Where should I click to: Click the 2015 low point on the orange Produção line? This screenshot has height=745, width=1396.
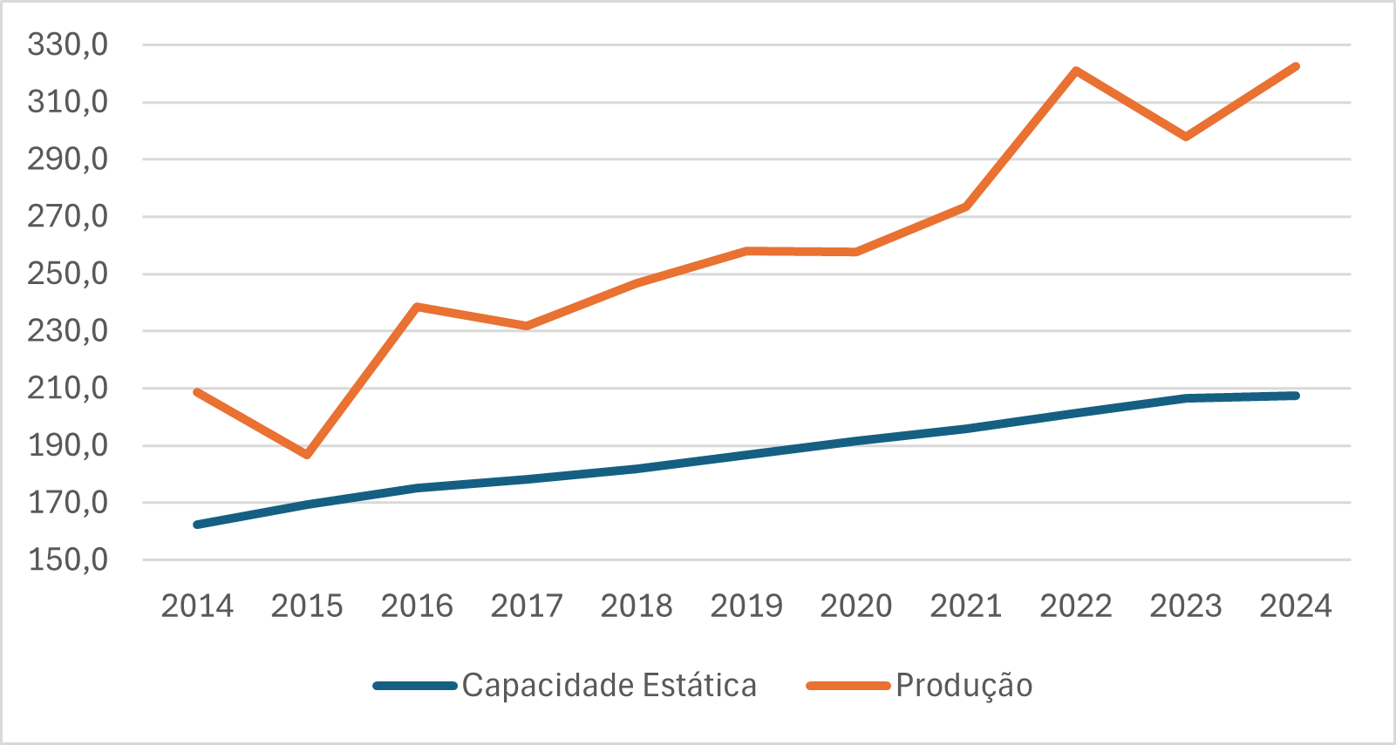click(x=308, y=455)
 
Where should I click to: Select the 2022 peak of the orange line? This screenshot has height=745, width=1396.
click(x=1077, y=71)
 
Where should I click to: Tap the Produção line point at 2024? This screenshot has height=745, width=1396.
click(x=1296, y=66)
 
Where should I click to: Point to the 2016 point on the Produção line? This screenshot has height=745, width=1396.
click(x=418, y=307)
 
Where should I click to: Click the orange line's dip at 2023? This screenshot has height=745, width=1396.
click(x=1187, y=137)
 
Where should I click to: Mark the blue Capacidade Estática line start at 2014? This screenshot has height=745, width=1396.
click(x=197, y=525)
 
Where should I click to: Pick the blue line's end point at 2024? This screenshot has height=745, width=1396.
click(x=1296, y=396)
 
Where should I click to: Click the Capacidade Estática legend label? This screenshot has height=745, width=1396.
click(x=609, y=686)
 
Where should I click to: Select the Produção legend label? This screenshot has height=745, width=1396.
click(x=964, y=686)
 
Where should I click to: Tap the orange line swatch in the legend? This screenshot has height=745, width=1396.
click(x=848, y=686)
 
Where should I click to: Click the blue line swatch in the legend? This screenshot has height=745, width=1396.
click(x=415, y=686)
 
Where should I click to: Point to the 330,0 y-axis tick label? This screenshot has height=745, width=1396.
click(x=68, y=44)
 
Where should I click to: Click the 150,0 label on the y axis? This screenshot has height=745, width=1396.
click(x=68, y=559)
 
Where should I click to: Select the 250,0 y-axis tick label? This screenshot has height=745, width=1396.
click(x=68, y=274)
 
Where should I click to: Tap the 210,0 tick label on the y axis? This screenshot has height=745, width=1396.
click(x=68, y=388)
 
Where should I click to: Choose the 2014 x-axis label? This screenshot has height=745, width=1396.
click(x=197, y=606)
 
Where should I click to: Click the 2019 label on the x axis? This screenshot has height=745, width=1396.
click(x=746, y=606)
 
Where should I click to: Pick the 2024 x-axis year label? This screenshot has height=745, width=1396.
click(x=1296, y=606)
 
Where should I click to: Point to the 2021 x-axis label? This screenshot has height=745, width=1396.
click(x=966, y=606)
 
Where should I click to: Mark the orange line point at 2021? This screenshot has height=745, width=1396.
click(x=966, y=207)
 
